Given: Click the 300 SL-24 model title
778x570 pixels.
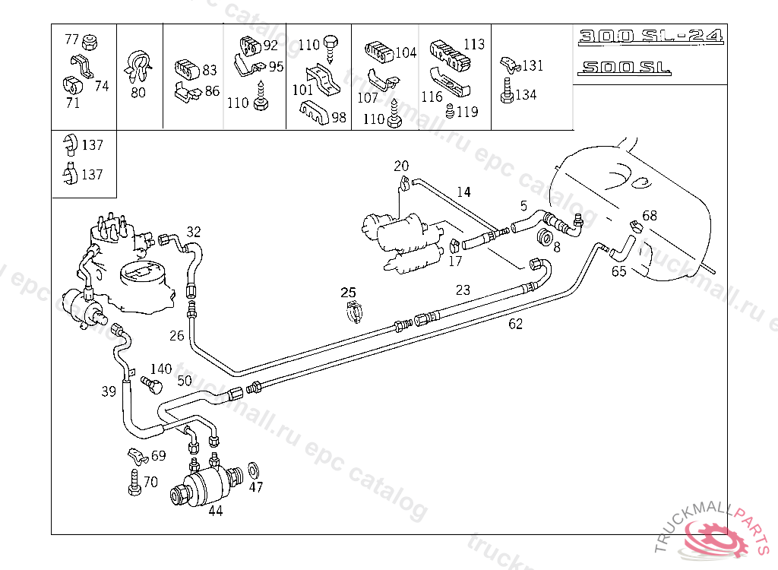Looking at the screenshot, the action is [x=650, y=36].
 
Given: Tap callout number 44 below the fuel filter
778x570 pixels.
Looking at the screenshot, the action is [x=216, y=511].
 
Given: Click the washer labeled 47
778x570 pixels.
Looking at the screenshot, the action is [x=254, y=468].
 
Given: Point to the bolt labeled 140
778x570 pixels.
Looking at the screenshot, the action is [x=151, y=385].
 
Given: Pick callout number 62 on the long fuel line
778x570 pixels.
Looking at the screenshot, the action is [x=516, y=324].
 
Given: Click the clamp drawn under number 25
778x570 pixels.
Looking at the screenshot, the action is [x=355, y=313].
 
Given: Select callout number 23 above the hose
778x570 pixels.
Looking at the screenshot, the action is [x=463, y=290].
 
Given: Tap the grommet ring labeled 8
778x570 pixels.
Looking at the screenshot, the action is [x=545, y=237].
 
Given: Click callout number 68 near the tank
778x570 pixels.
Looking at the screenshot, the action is [x=650, y=216].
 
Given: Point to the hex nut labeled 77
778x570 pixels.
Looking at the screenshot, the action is [x=90, y=43].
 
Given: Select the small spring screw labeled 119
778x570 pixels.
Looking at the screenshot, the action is [x=450, y=111].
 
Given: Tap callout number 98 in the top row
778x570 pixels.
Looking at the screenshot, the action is [x=338, y=117].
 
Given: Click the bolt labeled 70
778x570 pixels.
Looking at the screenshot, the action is [x=134, y=482].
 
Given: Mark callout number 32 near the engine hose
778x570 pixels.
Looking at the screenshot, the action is [x=194, y=232].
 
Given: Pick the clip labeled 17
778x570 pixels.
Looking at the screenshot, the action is [x=454, y=245].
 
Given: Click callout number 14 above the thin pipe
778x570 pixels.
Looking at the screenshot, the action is [x=463, y=192].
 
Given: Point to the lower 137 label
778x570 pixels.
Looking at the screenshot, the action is [x=92, y=174].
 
